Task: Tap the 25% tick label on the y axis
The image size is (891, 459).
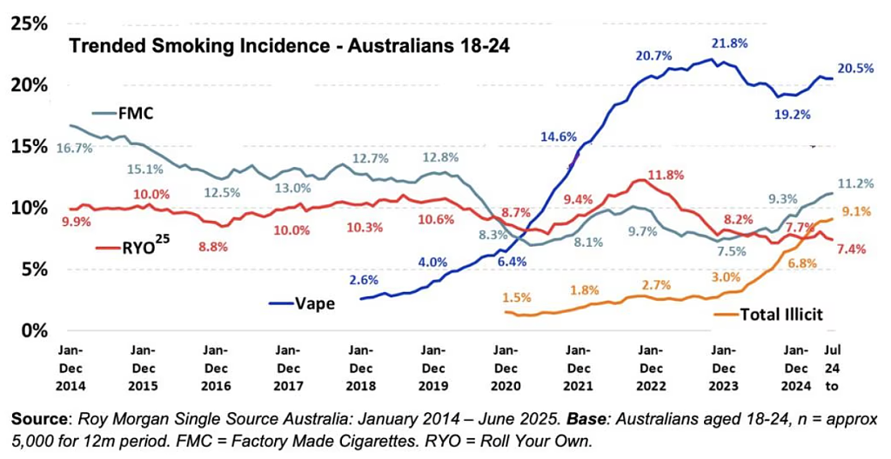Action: tap(29, 23)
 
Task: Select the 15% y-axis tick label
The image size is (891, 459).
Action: tap(29, 146)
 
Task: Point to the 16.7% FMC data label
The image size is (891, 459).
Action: tap(76, 149)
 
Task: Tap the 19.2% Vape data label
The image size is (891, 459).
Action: tap(792, 113)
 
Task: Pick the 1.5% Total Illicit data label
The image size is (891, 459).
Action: tap(516, 297)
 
